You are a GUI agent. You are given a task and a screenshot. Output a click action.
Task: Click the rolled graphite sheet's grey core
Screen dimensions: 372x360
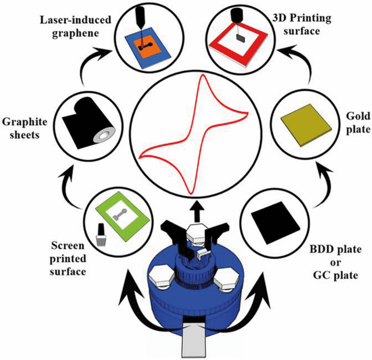pyautogui.click(x=104, y=136)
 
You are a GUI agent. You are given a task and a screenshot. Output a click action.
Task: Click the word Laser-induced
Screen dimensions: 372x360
pyautogui.click(x=76, y=20)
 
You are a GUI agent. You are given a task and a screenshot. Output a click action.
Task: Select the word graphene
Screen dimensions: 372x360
pyautogui.click(x=76, y=33)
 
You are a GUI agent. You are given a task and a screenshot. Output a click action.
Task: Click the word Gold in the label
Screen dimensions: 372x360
pyautogui.click(x=358, y=116)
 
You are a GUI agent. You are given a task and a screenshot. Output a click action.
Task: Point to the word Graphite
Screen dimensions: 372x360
pyautogui.click(x=24, y=122)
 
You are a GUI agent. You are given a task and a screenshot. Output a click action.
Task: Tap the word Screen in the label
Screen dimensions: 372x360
pyautogui.click(x=67, y=246)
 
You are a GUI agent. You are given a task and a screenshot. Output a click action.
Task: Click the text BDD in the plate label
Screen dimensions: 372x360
pyautogui.click(x=320, y=249)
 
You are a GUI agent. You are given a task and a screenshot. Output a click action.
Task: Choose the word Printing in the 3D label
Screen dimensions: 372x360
pyautogui.click(x=312, y=19)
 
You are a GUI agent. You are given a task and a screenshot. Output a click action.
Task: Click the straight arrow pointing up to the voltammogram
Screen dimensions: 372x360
pyautogui.click(x=198, y=210)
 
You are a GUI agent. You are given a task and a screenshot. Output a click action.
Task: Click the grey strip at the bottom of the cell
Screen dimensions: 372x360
pyautogui.click(x=194, y=341)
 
